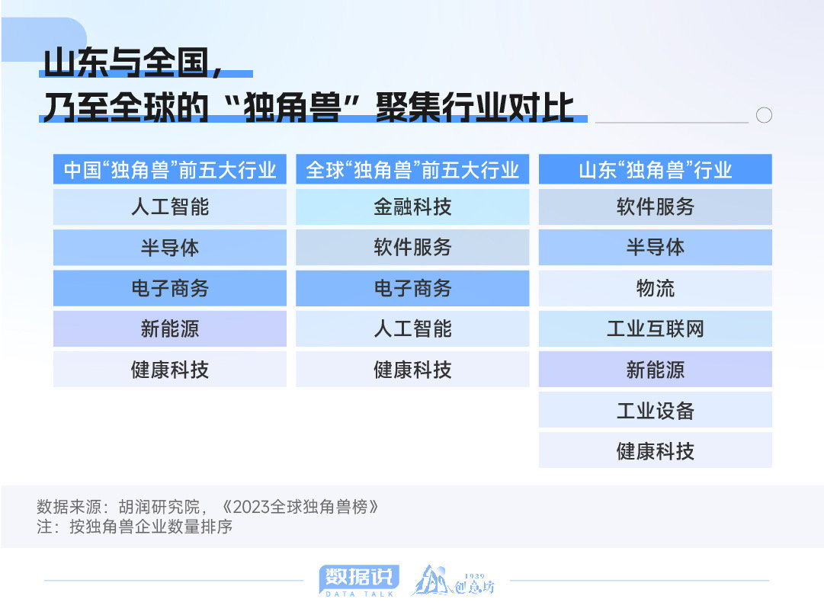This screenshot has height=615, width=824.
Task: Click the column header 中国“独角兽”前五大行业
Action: pos(170,170)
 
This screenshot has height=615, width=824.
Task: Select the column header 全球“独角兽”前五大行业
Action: pos(412,170)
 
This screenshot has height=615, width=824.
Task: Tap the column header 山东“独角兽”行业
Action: pos(656,170)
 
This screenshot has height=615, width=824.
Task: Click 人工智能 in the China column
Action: pos(170,207)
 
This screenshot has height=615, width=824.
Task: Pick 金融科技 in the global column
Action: pos(412,207)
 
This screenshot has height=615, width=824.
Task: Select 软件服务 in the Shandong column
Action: pos(656,207)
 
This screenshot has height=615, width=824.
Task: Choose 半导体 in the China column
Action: pos(170,248)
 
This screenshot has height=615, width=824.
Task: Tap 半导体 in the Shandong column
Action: pos(656,248)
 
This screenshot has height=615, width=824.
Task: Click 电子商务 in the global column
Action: pos(412,288)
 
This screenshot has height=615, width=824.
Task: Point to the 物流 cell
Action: pos(656,288)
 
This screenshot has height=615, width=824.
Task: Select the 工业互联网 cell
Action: pos(656,328)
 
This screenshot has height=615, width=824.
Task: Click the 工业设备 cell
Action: pos(656,410)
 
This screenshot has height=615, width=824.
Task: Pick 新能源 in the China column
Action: pos(170,328)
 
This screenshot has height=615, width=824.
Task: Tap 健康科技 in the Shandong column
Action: pos(656,450)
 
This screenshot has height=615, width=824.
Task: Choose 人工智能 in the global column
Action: pos(412,328)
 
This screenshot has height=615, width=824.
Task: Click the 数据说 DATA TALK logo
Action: pos(359,581)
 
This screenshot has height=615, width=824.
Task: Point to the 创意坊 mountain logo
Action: pos(453,581)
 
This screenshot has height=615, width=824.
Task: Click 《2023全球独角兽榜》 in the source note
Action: pos(300,507)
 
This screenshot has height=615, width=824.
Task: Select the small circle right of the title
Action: pos(764,115)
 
